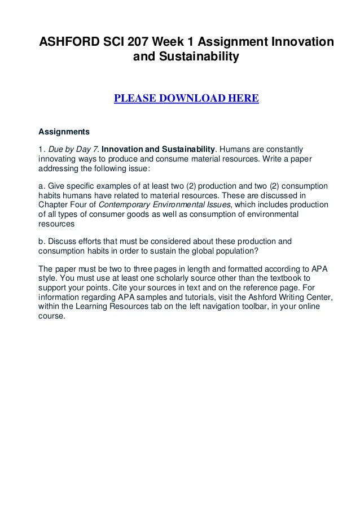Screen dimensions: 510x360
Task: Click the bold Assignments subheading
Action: [64, 132]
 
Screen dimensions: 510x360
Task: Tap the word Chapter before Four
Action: [54, 204]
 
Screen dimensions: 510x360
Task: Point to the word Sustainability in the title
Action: [186, 58]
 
